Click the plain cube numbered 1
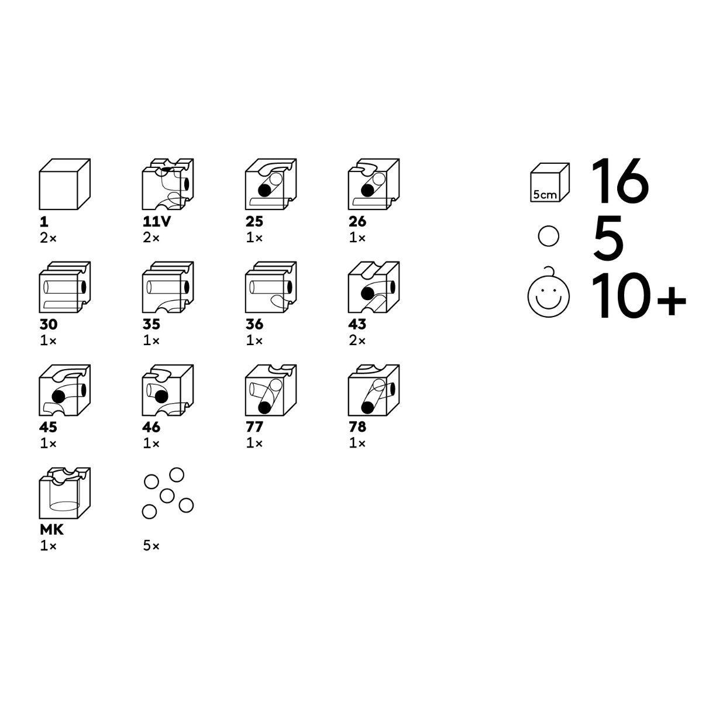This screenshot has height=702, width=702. pos(64,184)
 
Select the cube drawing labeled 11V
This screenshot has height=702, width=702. pos(167,184)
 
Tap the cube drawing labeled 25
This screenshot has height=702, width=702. pos(271,184)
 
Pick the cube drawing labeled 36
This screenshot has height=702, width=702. pos(271,287)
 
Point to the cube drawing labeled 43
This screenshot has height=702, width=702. pos(374,287)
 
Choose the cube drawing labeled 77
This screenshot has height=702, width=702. pos(271,390)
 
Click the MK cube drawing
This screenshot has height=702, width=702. pos(64,493)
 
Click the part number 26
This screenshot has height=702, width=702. pos(357,222)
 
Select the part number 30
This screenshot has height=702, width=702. pos(49,324)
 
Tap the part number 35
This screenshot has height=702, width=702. pos(151,324)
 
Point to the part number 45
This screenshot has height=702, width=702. pos(48,427)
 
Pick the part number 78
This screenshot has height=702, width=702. pos(357,427)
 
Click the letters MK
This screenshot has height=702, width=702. pos(51,529)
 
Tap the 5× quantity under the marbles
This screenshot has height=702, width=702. pos(151,545)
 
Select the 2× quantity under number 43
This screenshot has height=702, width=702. pos(357,340)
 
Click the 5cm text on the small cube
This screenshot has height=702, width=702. pos(545,195)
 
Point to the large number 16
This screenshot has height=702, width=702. pos(620,181)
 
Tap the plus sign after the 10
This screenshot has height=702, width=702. pos(672,301)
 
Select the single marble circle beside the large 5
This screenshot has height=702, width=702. pos(548,236)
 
